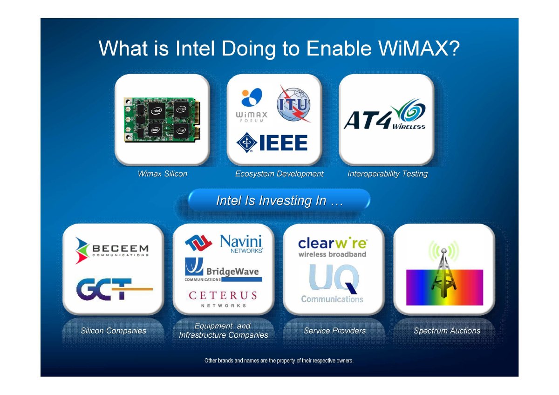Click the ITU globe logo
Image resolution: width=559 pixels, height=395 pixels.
pos(294,104)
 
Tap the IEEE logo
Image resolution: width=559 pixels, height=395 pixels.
pos(272,143)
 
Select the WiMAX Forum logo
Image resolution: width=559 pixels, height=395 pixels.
pos(252,105)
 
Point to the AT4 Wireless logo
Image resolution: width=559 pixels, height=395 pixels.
pos(385,114)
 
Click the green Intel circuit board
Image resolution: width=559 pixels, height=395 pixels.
pos(162,120)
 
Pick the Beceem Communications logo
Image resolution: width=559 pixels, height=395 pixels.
pos(112,251)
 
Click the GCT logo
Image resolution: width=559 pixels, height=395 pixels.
pos(114,289)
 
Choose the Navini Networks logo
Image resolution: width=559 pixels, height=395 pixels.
pos(224,244)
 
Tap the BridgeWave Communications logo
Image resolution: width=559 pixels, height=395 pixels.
pos(223,270)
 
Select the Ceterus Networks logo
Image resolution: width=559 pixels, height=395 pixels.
pos(223,299)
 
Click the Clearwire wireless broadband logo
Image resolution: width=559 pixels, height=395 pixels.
pos(333,247)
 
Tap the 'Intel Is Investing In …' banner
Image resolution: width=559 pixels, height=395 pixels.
pos(279,201)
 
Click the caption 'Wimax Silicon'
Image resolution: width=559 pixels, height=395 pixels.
pos(163,174)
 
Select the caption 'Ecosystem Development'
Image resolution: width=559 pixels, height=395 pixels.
pos(279,174)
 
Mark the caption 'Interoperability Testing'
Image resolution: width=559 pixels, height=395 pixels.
pos(388,174)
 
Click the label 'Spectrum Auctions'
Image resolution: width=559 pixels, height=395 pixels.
pos(447,331)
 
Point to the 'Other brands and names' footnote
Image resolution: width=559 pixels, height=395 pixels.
pos(279,361)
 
